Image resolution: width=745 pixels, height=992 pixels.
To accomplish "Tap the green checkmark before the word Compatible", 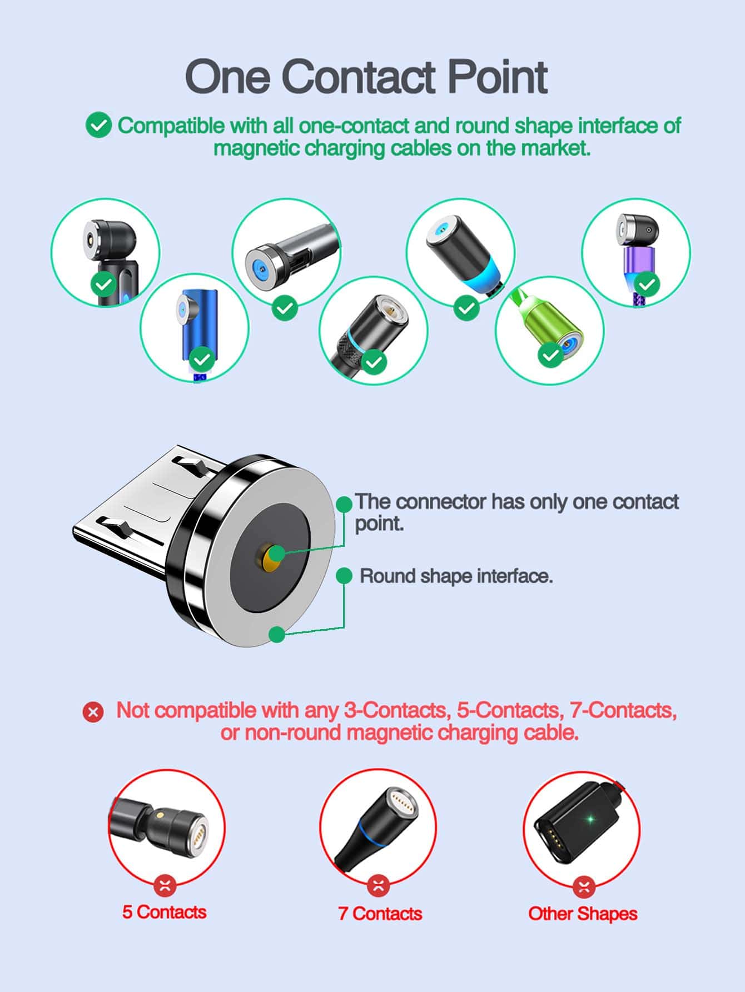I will point(98,125).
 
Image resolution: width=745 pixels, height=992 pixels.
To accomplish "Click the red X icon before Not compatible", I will point(93,711).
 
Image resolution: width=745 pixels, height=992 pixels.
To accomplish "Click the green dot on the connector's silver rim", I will point(277,634).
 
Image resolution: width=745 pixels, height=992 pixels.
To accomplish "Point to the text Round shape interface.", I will point(456,576).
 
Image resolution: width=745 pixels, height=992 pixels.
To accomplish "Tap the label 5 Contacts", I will point(164,912).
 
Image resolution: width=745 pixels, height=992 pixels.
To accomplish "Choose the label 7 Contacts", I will point(380,914).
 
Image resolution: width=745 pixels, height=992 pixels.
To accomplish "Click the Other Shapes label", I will point(582,914).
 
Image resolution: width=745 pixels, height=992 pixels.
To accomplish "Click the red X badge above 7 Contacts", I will point(379,885).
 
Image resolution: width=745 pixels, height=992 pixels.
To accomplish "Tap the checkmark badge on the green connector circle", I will point(551,355).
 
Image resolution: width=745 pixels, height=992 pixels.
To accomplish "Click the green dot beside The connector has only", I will point(345,505).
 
